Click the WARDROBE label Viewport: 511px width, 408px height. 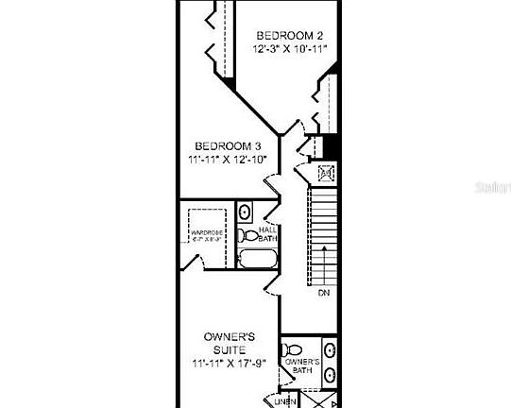coord(205,233)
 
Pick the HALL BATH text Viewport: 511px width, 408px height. coord(267,234)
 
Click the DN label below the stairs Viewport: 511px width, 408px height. coord(324,294)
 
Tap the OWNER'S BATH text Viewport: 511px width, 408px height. coord(302,365)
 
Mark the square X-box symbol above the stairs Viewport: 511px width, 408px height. coord(327,173)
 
